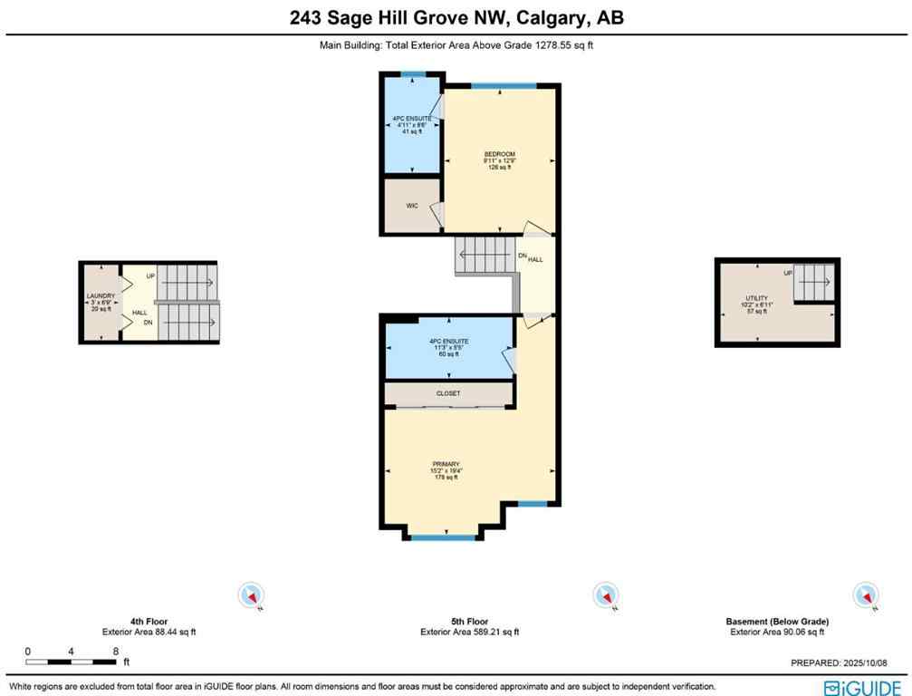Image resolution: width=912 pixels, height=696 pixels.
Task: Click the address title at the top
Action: pos(456,18)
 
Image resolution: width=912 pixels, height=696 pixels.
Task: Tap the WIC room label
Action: pos(410,206)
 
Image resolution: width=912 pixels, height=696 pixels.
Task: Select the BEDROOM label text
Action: pos(499,154)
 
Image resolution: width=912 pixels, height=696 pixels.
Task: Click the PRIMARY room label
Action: pos(444,464)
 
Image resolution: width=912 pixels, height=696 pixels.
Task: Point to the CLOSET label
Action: pos(448,393)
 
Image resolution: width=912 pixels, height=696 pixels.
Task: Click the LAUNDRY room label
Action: pos(100,296)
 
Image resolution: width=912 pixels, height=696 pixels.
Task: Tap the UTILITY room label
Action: pos(756,298)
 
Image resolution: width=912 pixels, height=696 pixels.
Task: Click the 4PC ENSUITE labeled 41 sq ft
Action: pos(412,119)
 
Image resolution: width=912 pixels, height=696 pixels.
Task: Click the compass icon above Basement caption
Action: pos(867,595)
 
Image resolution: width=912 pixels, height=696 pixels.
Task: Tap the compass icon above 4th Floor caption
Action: pos(251,595)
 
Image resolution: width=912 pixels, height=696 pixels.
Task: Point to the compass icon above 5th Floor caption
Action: pos(604,595)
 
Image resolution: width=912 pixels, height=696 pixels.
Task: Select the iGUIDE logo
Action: pos(862,687)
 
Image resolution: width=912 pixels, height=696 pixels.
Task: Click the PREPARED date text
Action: pos(850,662)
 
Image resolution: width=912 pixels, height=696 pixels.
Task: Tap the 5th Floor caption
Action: pos(469,622)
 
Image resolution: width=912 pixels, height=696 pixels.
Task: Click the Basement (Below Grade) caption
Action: pos(777,622)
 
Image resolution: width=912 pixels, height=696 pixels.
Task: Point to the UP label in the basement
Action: pos(788,273)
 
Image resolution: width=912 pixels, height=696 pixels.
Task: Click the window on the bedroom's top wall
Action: pos(502,86)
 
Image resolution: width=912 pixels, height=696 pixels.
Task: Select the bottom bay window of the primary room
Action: pos(444,537)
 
